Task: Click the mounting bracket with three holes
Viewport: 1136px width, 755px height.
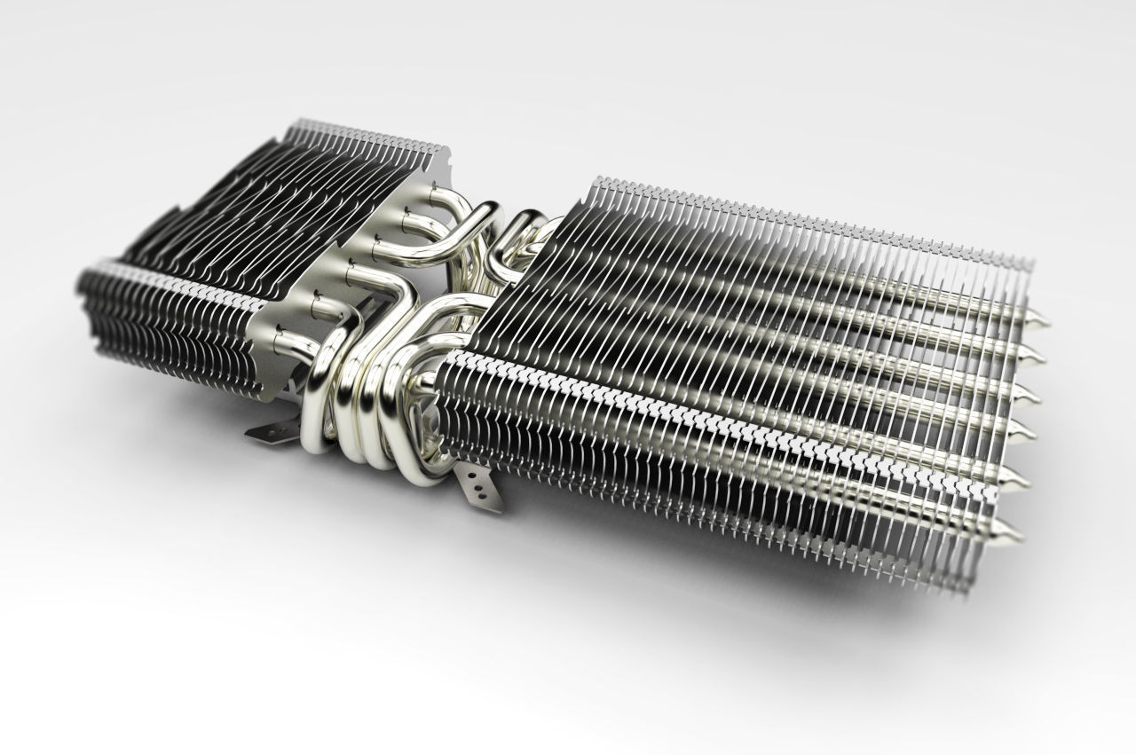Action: tap(479, 487)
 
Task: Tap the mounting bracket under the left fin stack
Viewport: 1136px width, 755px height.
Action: tap(268, 431)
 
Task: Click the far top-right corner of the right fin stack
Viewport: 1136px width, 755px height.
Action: tap(1031, 264)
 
